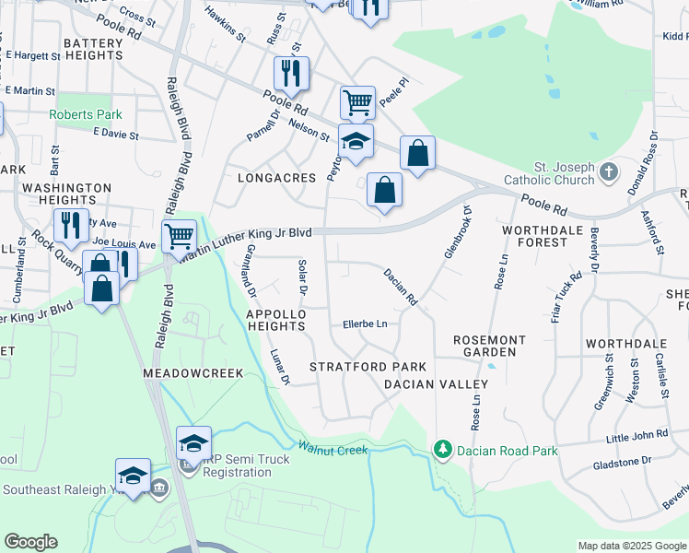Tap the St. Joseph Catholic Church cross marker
(607, 171)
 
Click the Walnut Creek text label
(333, 450)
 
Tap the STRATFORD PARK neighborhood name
(355, 367)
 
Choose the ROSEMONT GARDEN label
(489, 347)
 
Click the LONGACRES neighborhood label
(271, 177)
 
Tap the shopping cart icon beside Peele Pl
(356, 101)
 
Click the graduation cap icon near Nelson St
(356, 141)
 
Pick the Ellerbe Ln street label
(365, 324)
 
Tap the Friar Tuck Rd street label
(576, 288)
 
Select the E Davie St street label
(115, 135)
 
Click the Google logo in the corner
(30, 542)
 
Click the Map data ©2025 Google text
(631, 546)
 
